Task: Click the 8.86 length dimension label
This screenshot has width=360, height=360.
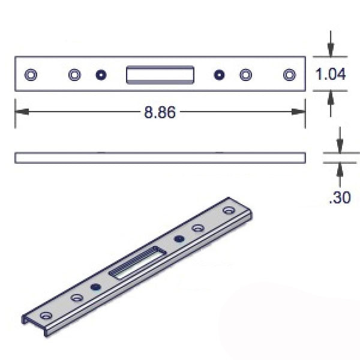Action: [x=160, y=112]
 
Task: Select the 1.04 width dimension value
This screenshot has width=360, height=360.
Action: [x=331, y=74]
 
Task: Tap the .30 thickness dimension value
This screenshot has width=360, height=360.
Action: [x=340, y=197]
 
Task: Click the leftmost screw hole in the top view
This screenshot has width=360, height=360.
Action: [x=31, y=74]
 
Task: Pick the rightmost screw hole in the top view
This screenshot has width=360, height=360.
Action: [x=289, y=74]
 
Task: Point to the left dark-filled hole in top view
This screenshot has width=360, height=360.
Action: [x=101, y=75]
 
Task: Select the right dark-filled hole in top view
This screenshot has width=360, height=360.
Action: [x=219, y=75]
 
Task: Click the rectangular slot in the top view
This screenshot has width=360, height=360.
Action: [x=160, y=74]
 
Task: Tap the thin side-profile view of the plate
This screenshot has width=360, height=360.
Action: [x=160, y=158]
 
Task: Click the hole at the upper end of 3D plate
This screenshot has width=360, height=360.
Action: [x=229, y=211]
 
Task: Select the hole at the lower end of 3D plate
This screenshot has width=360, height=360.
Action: [x=44, y=315]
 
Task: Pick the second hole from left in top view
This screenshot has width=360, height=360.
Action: [x=74, y=74]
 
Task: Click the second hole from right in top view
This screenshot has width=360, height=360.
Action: [x=245, y=74]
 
